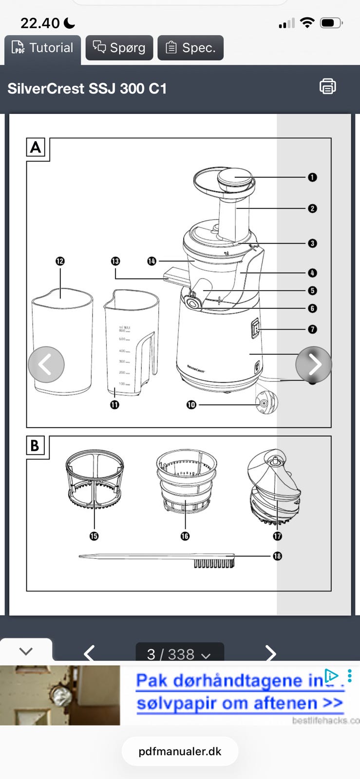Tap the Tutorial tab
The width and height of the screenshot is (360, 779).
[43, 48]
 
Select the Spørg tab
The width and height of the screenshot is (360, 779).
[119, 48]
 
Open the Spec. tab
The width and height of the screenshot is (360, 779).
[190, 48]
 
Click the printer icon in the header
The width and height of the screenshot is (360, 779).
[327, 87]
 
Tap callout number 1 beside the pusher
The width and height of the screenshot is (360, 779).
[312, 178]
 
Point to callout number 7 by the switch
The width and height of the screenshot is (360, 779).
[312, 330]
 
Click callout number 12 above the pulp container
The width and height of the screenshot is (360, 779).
[60, 261]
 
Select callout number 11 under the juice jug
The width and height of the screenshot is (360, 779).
[114, 405]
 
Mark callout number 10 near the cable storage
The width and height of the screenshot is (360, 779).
[191, 405]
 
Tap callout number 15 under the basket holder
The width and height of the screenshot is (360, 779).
[94, 536]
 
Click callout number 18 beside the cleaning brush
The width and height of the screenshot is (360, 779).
[277, 556]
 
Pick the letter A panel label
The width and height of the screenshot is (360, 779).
[36, 148]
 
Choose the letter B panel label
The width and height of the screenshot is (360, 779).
[35, 445]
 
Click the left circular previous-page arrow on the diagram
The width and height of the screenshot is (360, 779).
[46, 364]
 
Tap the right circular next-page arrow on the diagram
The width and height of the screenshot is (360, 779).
[314, 364]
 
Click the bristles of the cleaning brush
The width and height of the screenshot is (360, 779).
[214, 563]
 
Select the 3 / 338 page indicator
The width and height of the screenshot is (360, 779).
[179, 654]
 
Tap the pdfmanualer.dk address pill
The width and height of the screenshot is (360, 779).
[180, 751]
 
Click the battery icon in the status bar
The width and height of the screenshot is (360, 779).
[331, 23]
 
